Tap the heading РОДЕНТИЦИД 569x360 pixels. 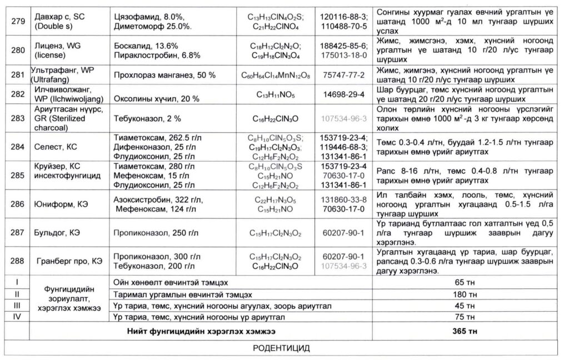click(282, 348)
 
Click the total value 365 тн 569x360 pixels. click(466, 332)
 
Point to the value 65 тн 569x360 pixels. click(466, 282)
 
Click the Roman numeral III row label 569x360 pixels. click(17, 306)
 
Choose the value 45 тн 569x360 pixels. click(466, 306)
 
